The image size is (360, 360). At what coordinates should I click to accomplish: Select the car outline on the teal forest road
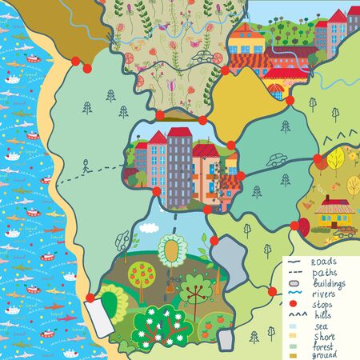278,159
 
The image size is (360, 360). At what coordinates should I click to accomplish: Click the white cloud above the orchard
148,226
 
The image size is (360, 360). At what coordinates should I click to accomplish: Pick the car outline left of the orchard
122,238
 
